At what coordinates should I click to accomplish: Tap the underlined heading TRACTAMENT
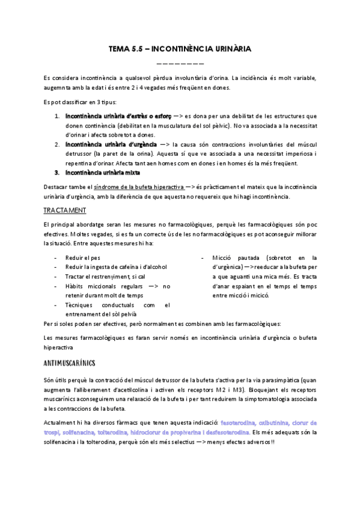tap(65, 210)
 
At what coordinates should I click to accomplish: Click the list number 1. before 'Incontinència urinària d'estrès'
tap(56, 116)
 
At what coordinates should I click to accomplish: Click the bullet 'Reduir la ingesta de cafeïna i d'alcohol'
tap(116, 266)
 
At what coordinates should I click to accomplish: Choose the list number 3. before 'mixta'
tap(56, 173)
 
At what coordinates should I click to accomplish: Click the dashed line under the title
tap(180, 63)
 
